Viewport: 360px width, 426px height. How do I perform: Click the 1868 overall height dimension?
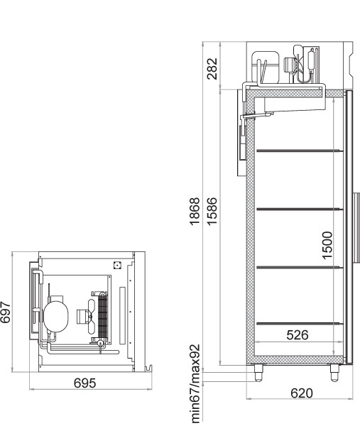click(x=195, y=212)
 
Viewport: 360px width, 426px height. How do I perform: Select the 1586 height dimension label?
click(x=212, y=212)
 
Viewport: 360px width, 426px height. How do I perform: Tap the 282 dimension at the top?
click(x=212, y=69)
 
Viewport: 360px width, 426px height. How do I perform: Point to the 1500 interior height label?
click(x=327, y=246)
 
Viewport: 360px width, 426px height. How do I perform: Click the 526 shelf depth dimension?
click(x=298, y=335)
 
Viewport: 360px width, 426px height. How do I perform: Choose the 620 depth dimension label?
click(x=302, y=393)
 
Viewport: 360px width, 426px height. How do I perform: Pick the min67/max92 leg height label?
click(x=195, y=383)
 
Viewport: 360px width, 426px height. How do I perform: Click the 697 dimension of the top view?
click(x=5, y=312)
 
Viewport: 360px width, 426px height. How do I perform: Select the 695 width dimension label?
click(x=84, y=383)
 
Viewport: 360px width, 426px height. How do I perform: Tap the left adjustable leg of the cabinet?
click(x=258, y=373)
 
